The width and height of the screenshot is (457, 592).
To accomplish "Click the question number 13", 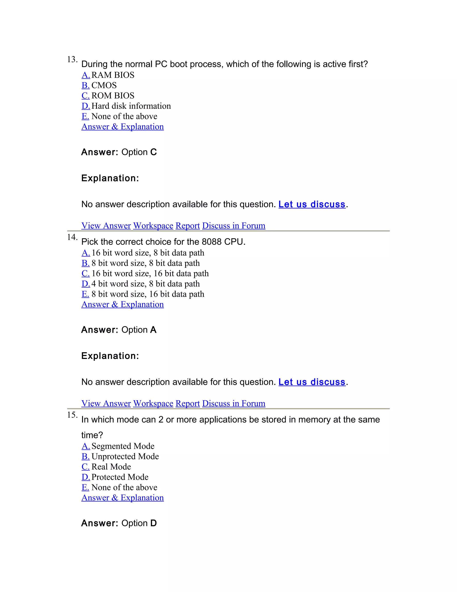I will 72,59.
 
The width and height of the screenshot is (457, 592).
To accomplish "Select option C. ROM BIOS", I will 108,96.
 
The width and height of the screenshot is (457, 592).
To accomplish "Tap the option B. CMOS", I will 99,85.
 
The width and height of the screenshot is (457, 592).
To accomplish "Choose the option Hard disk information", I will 131,106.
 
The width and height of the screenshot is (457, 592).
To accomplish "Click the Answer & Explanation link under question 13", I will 122,127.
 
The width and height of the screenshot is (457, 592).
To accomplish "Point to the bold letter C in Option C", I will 154,152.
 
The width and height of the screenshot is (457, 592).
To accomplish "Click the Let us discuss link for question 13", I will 312,204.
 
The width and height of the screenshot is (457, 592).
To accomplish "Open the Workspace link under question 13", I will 153,226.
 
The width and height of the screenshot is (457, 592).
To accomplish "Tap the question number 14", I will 72,237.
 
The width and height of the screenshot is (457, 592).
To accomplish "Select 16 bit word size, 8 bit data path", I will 147,253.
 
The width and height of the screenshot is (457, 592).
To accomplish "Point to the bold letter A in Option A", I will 153,330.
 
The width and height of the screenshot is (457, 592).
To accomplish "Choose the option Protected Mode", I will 120,477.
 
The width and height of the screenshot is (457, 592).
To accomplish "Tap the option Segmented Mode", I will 123,446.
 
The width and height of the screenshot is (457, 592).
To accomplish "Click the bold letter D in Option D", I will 154,523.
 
